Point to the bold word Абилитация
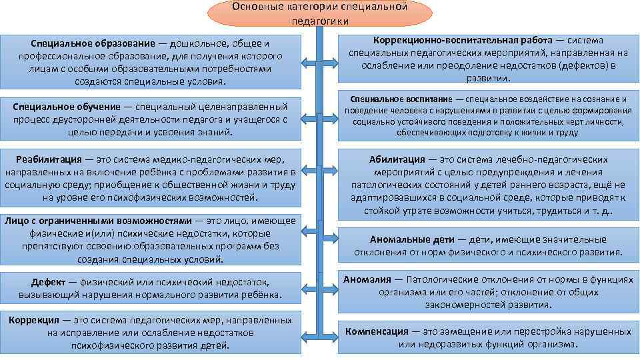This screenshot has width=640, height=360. (x=397, y=159)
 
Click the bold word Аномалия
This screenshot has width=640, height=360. (x=367, y=280)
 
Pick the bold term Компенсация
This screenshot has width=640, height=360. (x=377, y=331)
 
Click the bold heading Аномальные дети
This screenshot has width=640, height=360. (x=413, y=239)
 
